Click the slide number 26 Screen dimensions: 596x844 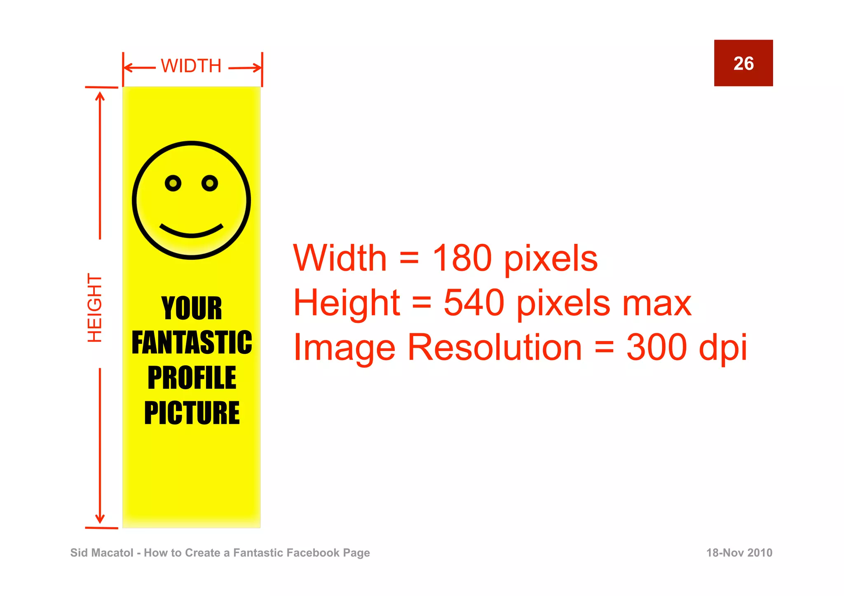pyautogui.click(x=743, y=63)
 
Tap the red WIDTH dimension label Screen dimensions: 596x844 pyautogui.click(x=191, y=66)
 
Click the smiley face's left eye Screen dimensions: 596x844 pyautogui.click(x=173, y=183)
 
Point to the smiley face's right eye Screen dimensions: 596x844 pyautogui.click(x=210, y=183)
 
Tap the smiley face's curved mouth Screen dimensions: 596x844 pyautogui.click(x=191, y=233)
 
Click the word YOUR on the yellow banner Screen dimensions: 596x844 pyautogui.click(x=192, y=308)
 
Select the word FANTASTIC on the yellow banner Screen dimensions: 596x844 pyautogui.click(x=192, y=343)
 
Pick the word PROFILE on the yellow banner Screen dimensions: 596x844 pyautogui.click(x=192, y=378)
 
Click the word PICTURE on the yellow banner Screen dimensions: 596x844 pyautogui.click(x=192, y=413)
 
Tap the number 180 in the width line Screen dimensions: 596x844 pyautogui.click(x=462, y=258)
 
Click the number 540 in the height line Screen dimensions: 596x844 pyautogui.click(x=474, y=303)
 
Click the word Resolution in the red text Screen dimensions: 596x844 pyautogui.click(x=495, y=347)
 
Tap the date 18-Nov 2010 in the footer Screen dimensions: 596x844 pyautogui.click(x=739, y=553)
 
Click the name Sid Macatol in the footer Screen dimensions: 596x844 pyautogui.click(x=102, y=553)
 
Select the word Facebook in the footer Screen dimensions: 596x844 pyautogui.click(x=313, y=553)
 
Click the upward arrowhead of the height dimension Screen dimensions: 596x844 pyautogui.click(x=100, y=96)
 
